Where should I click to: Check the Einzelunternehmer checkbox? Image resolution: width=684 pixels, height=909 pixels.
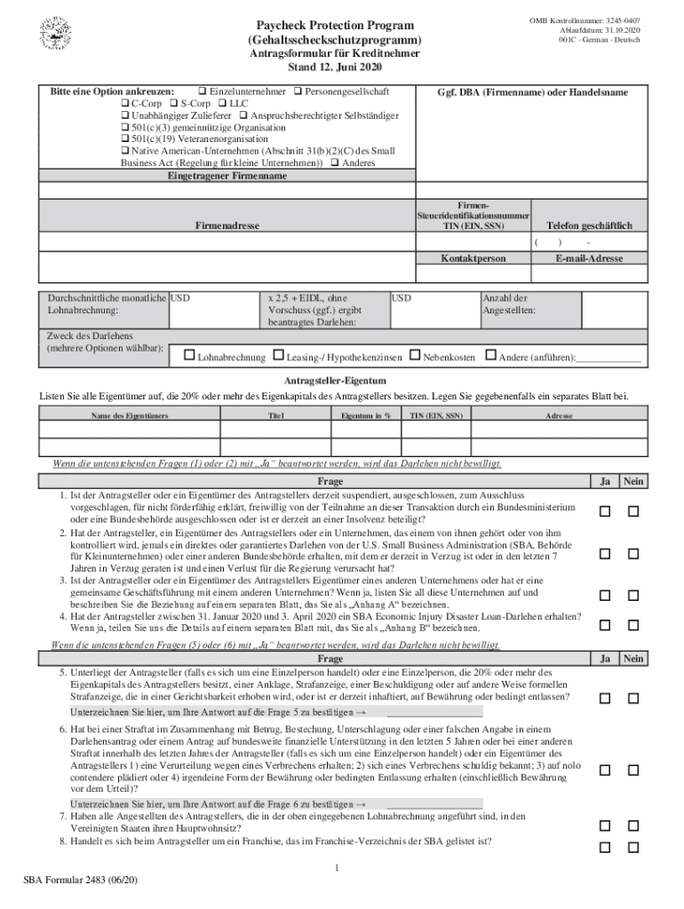point(203,91)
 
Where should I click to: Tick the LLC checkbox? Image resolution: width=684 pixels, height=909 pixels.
point(223,103)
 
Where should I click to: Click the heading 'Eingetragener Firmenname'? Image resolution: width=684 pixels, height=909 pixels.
point(227,176)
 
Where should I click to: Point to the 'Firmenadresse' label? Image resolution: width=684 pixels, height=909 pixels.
point(227,226)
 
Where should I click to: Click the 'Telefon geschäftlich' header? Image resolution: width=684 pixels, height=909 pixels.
point(589,226)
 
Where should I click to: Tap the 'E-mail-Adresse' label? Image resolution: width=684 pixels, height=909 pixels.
point(589,258)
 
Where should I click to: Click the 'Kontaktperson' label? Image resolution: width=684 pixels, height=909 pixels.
point(473,258)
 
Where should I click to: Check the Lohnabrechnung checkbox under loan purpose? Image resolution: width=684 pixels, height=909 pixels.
point(188,356)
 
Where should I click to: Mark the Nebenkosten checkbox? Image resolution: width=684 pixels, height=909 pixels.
point(415,356)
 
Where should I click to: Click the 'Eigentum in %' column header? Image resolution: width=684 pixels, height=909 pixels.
point(366,415)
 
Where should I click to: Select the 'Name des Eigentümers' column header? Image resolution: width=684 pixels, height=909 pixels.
point(128,415)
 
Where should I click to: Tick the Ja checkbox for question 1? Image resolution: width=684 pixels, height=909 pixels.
point(605,511)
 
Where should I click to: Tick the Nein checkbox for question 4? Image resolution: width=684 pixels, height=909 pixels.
point(633,625)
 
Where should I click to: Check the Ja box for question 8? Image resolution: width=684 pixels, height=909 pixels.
point(605,847)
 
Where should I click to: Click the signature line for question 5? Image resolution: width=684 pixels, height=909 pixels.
point(435,713)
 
